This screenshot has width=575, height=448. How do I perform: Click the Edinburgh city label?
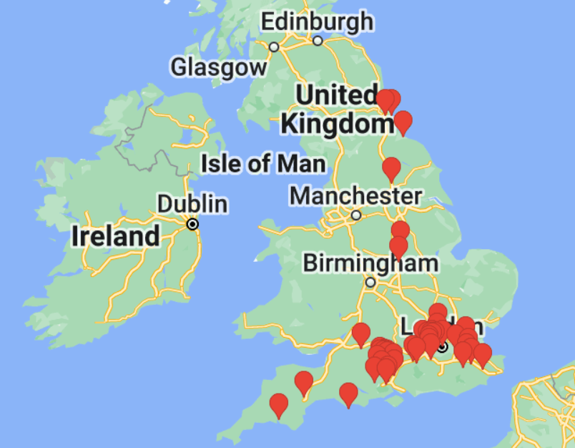click(317, 21)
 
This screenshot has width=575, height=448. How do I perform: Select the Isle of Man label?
click(263, 164)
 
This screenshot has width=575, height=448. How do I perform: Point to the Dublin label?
click(192, 204)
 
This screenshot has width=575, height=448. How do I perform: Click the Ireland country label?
click(115, 236)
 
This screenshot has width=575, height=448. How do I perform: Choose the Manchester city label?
click(355, 195)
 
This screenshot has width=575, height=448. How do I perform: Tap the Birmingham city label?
click(370, 263)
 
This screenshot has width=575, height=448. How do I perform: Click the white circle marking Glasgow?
click(274, 47)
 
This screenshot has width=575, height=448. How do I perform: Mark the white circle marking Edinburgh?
click(318, 41)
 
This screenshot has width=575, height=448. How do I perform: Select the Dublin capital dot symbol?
click(192, 224)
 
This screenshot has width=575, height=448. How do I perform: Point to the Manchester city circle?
click(356, 215)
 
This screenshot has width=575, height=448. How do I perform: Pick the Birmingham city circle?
click(370, 283)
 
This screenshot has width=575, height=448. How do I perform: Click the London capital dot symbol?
click(443, 348)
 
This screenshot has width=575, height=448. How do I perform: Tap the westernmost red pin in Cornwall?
click(278, 406)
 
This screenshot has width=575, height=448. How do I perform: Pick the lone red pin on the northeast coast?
click(403, 122)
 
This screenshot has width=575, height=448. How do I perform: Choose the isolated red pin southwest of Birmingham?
click(361, 334)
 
